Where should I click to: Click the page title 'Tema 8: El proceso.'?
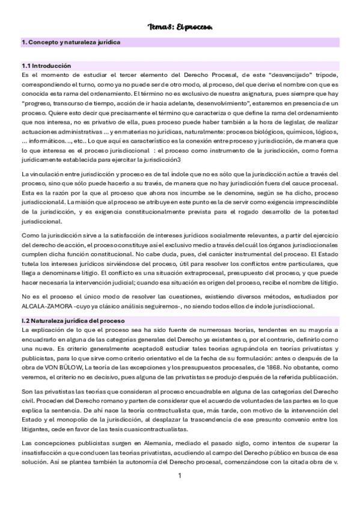[180, 27]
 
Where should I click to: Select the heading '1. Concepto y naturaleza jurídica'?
[71, 43]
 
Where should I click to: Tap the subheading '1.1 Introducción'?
[46, 66]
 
